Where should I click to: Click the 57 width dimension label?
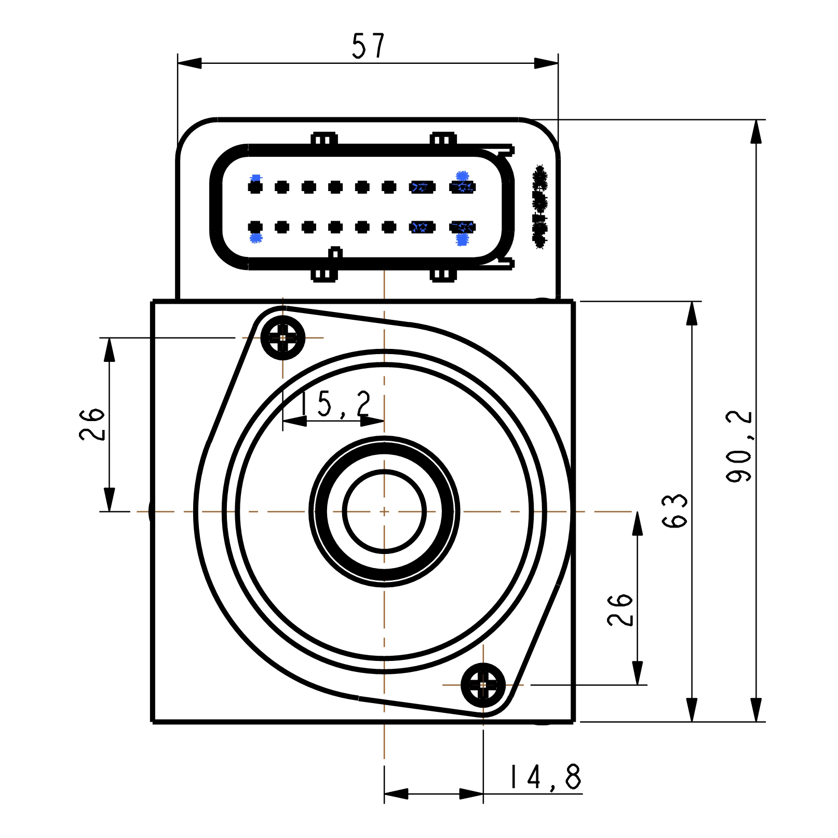pos(368,46)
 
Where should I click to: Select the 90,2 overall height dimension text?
pos(739,446)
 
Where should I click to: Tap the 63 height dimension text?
pos(674,511)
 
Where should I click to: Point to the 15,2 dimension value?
pos(336,404)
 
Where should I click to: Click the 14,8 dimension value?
pos(545,777)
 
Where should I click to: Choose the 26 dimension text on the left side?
pos(92,424)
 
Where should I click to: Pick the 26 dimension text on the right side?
pos(620,610)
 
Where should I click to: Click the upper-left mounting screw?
pos(283,338)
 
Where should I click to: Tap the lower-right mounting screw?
pos(483,685)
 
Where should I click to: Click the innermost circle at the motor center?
pos(384,511)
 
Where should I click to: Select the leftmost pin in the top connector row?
pos(255,187)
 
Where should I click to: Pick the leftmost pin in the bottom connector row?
pos(255,227)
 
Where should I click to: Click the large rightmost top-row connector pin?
pos(463,187)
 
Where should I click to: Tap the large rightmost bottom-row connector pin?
pos(463,227)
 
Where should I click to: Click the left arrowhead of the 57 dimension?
pos(189,63)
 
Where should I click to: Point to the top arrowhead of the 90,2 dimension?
pos(756,131)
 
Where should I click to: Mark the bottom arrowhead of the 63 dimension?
pos(692,710)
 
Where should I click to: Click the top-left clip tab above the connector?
pos(324,139)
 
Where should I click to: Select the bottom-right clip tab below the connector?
pos(443,275)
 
